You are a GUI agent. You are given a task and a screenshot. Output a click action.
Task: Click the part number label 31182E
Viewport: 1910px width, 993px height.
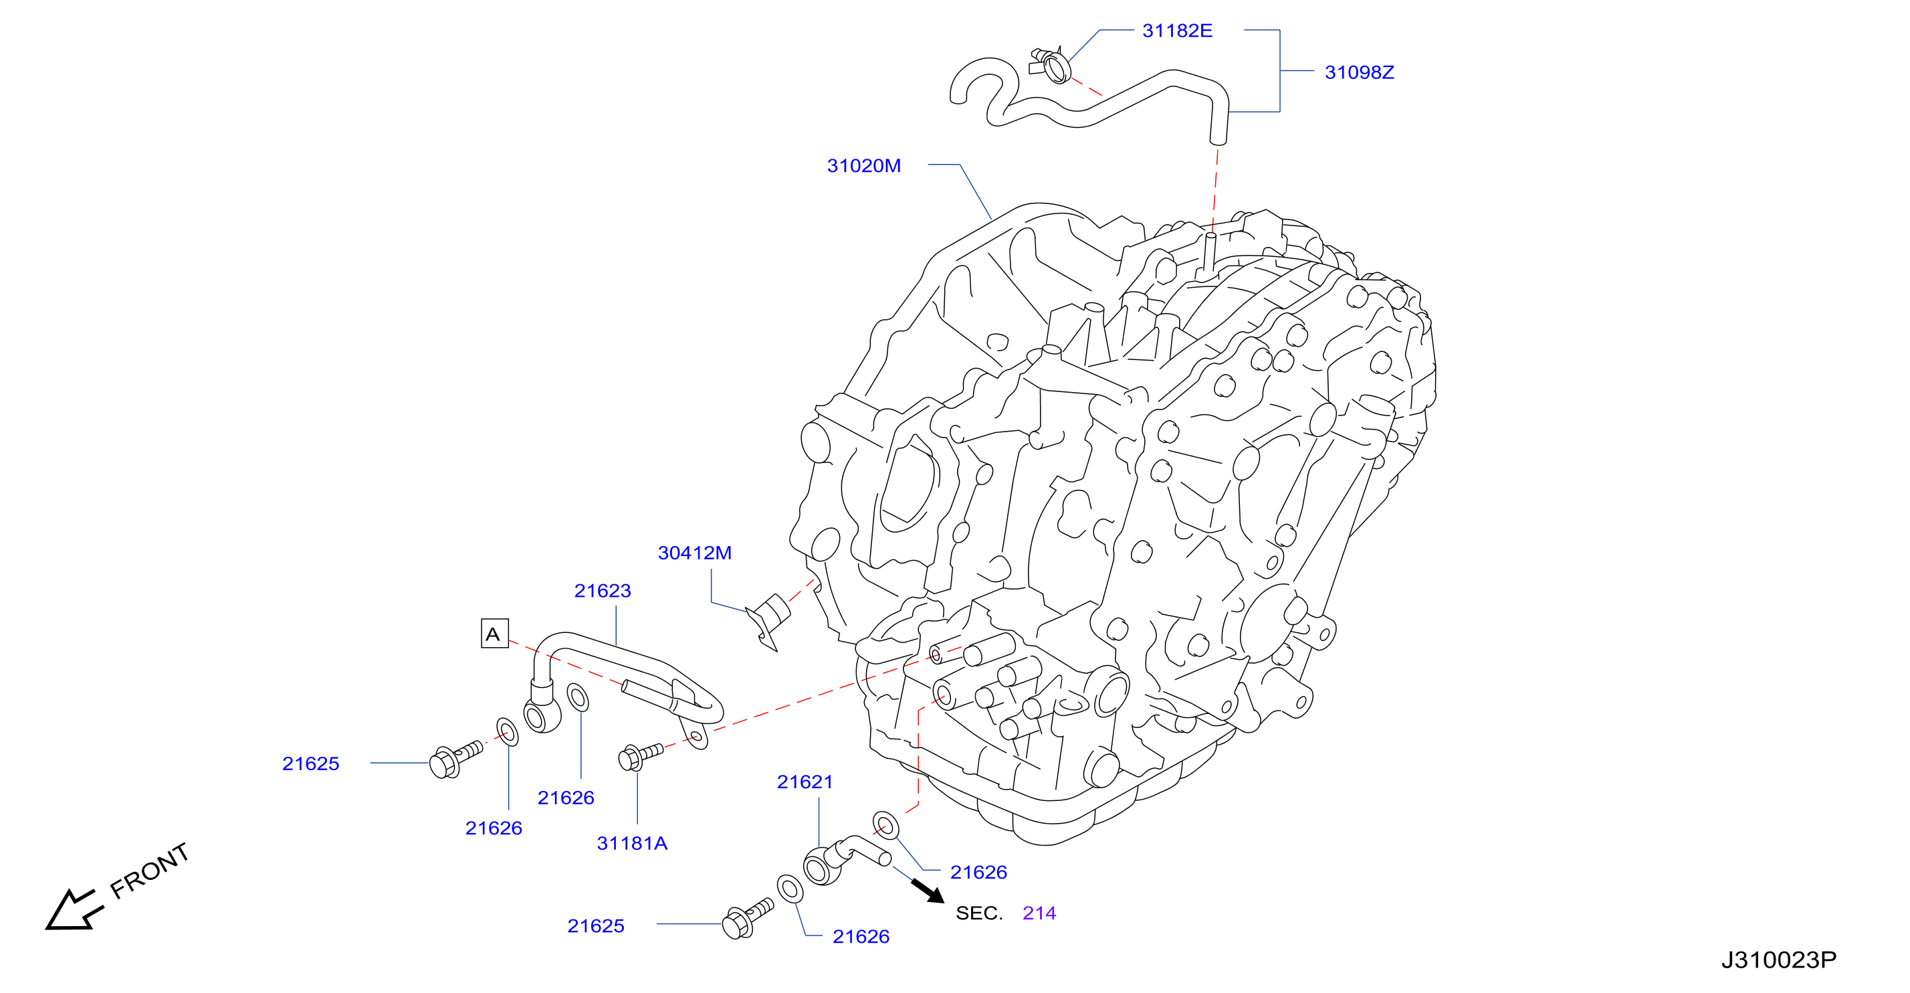pyautogui.click(x=1177, y=30)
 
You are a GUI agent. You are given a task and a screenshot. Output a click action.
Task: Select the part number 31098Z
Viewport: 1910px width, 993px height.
pyautogui.click(x=1359, y=72)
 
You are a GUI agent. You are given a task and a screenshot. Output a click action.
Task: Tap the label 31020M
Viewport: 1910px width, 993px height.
pyautogui.click(x=864, y=165)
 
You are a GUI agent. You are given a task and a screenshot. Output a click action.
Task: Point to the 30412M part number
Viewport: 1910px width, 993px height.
pyautogui.click(x=695, y=553)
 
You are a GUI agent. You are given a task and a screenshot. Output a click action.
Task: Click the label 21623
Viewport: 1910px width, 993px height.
pyautogui.click(x=603, y=590)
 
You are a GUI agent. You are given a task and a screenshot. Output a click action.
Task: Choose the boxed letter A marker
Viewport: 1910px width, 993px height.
pyautogui.click(x=495, y=633)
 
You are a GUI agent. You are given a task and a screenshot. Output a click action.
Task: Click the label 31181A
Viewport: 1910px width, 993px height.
pyautogui.click(x=633, y=843)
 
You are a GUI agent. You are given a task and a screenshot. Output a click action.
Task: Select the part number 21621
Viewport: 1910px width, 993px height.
pyautogui.click(x=805, y=782)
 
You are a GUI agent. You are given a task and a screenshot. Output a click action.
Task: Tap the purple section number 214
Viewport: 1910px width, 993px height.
pyautogui.click(x=1039, y=913)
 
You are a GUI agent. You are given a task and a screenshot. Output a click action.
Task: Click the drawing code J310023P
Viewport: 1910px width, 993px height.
pyautogui.click(x=1779, y=960)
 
